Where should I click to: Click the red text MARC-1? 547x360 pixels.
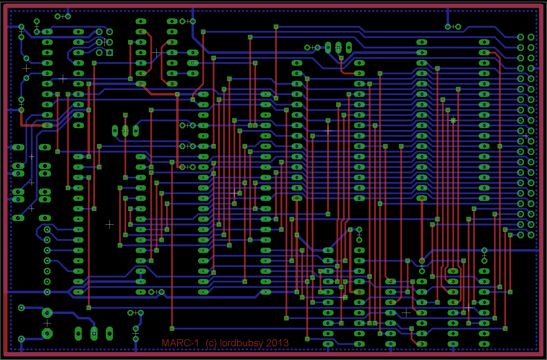click(180, 343)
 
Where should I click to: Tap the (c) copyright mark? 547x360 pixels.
click(211, 343)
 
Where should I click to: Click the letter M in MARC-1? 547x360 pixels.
click(166, 343)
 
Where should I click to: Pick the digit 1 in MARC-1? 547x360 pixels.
click(196, 343)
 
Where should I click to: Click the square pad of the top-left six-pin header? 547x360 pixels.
click(109, 53)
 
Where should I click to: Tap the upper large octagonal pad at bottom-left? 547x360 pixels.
click(47, 313)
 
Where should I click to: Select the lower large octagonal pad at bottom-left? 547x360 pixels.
click(47, 334)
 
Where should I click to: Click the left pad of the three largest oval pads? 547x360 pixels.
click(78, 333)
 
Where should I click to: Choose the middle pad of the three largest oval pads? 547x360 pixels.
click(94, 333)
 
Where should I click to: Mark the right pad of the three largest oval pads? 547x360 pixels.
click(109, 333)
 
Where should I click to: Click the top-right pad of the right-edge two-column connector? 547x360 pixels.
click(531, 37)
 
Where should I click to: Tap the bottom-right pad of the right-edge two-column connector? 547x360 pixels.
click(531, 235)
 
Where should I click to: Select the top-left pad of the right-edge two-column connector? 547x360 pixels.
click(520, 37)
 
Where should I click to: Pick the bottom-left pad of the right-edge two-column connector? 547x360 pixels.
click(520, 235)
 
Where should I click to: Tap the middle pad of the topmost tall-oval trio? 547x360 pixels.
click(338, 47)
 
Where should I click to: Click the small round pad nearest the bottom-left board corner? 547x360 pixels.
click(21, 339)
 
